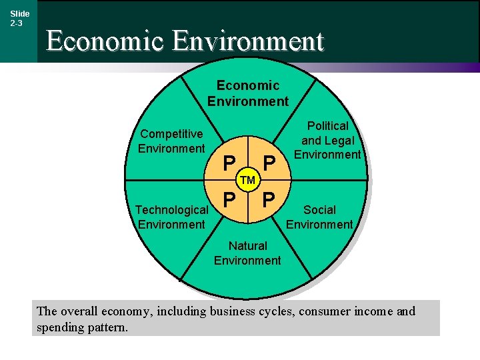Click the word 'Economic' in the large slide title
(x=105, y=41)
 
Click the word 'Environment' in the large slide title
(x=247, y=41)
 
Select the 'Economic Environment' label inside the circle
(x=247, y=93)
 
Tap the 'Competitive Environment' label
(x=171, y=141)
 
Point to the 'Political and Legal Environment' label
(x=327, y=140)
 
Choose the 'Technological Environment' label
(x=171, y=217)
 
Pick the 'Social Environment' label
(x=319, y=217)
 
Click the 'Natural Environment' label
(x=247, y=253)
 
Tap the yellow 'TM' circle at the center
(x=248, y=180)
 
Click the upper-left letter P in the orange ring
(x=229, y=163)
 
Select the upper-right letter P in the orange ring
(x=269, y=163)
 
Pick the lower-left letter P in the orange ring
(x=229, y=199)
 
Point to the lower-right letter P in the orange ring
(x=269, y=199)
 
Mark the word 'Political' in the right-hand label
(x=327, y=126)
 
